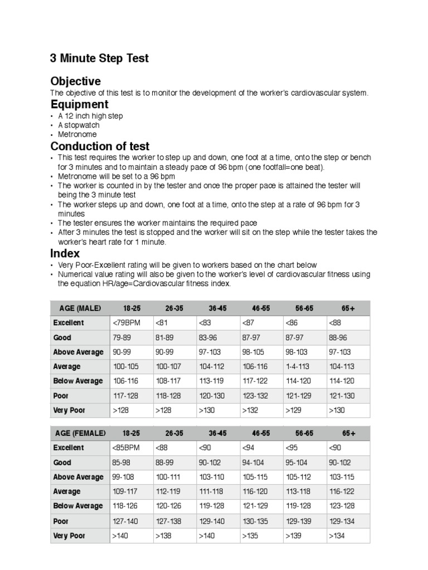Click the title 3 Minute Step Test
99,58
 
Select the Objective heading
75,81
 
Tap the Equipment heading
79,105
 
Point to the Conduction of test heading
100,146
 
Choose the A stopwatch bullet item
79,125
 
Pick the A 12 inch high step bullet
90,116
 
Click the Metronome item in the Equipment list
77,134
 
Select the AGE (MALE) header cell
77,308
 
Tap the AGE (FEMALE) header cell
80,433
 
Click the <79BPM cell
126,323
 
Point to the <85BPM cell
126,448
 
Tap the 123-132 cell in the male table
254,396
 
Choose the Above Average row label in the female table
78,477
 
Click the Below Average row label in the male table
78,381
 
